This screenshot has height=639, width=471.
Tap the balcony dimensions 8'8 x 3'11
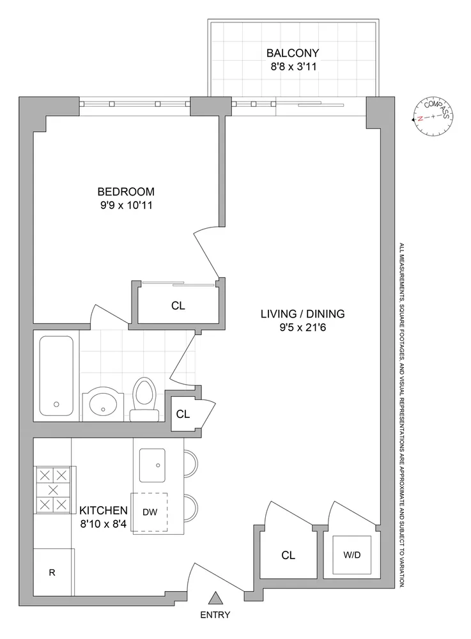294,66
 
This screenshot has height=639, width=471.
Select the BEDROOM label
126,191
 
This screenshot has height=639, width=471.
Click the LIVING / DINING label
302,314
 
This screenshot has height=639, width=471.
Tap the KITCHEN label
103,511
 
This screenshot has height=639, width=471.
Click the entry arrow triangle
216,598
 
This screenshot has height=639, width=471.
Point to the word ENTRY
215,615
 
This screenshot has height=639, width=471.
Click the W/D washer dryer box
350,554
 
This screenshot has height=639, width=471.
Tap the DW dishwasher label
150,511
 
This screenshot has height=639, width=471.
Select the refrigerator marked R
52,573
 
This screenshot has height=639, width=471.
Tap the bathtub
56,375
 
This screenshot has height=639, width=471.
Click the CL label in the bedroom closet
178,306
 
